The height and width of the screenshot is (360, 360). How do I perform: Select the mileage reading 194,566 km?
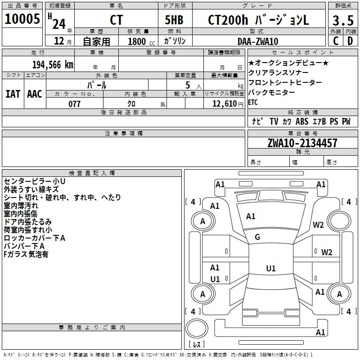point(53,64)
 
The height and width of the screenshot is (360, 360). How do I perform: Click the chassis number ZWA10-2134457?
point(302,143)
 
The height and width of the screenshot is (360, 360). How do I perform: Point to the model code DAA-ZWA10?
point(258,41)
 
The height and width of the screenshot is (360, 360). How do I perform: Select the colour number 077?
point(74,104)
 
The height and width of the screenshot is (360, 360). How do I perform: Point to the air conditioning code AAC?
point(34,94)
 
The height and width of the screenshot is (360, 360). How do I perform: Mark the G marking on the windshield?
point(257,237)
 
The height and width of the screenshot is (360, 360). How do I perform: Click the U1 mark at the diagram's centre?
point(270,269)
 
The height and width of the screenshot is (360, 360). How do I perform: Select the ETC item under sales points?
point(253,102)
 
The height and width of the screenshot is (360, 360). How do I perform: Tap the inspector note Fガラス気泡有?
point(26,254)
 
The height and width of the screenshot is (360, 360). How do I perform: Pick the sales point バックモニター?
point(271,92)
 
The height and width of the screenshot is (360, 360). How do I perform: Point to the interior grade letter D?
point(350,41)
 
